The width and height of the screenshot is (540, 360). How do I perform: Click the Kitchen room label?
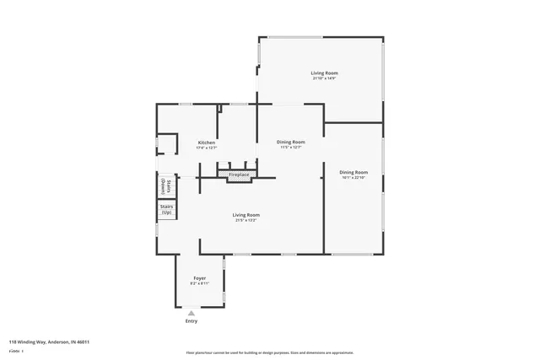(x=207, y=142)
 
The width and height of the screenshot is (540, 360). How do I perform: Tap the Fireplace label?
(x=240, y=175)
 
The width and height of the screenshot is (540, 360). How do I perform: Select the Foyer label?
(x=200, y=277)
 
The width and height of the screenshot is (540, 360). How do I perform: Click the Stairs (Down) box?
(x=167, y=185)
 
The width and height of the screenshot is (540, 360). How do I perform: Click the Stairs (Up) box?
(x=167, y=210)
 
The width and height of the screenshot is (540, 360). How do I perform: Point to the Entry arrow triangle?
(x=192, y=313)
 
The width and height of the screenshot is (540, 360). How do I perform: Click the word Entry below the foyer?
(x=192, y=321)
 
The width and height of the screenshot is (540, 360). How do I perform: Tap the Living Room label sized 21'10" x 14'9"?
(x=325, y=73)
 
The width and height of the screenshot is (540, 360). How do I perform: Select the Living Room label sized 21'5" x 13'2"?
(x=246, y=215)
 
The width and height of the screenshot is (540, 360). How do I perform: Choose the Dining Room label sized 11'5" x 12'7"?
(x=290, y=142)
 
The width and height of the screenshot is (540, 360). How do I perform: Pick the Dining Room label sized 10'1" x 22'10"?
(x=354, y=172)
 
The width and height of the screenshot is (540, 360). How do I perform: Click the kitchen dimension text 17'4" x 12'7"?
(x=207, y=148)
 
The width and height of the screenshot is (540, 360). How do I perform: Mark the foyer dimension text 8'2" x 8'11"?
(x=200, y=283)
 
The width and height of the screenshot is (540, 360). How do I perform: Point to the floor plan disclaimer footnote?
(x=270, y=352)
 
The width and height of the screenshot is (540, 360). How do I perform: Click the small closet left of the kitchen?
(x=166, y=145)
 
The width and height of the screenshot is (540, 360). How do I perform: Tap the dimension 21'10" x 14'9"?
(x=325, y=78)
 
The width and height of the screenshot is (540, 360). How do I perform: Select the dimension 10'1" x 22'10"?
(x=354, y=178)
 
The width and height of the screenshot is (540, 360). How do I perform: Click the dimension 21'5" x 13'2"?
(x=246, y=221)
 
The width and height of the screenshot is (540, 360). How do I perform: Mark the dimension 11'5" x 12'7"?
(x=290, y=148)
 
